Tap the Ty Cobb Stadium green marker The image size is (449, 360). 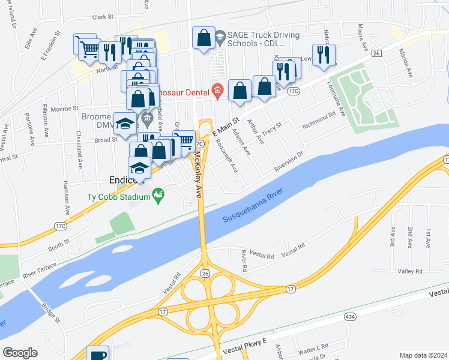158,194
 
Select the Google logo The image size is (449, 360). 20,353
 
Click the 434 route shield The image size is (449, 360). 350,316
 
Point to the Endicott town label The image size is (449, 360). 124,179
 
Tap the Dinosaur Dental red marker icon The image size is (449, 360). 217,92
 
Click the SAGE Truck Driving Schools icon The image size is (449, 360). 220,35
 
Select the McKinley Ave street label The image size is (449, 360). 198,175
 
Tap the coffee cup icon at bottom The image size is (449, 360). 97,354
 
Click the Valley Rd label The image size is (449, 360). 411,271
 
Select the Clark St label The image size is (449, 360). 103,17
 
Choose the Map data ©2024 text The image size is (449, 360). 423,355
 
